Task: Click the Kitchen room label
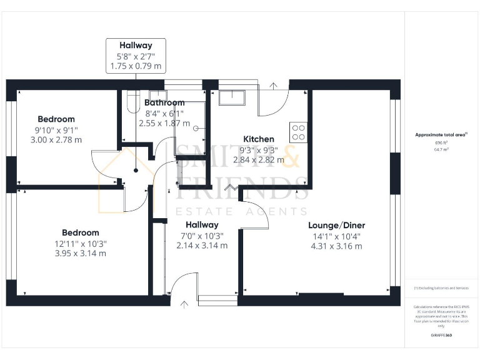258,139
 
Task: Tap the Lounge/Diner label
337,226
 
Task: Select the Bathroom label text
164,103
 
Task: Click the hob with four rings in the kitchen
298,132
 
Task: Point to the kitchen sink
232,99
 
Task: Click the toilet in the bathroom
131,102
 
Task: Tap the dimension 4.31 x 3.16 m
337,246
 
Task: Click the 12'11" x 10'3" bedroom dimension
81,243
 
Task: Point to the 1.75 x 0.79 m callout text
136,65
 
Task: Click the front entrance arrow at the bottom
184,304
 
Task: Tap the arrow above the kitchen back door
274,85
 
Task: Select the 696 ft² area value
442,143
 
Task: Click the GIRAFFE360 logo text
442,336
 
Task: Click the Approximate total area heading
441,135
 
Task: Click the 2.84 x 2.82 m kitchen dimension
258,160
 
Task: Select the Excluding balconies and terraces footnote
441,288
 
